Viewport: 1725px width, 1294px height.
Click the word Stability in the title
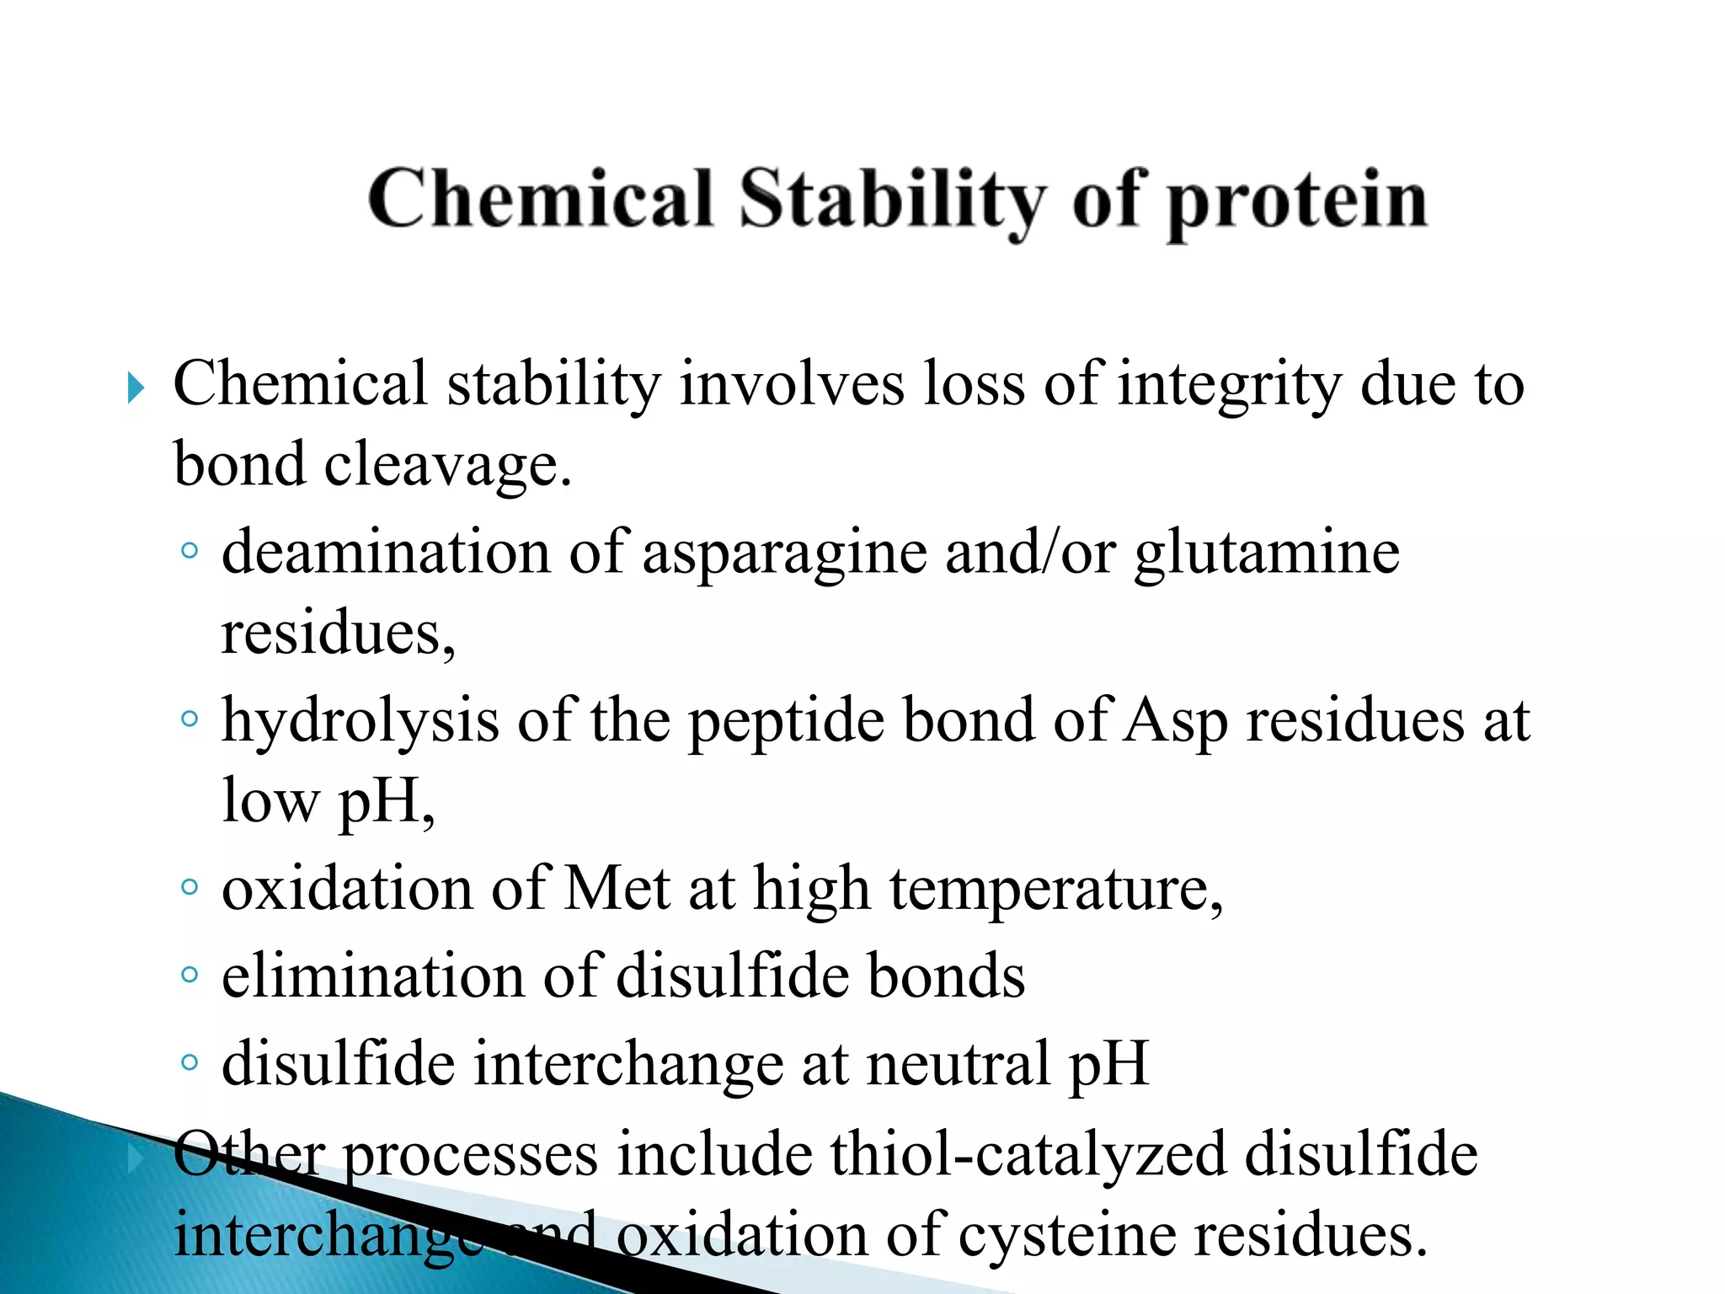[x=893, y=201]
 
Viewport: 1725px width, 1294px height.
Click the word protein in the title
[x=1297, y=202]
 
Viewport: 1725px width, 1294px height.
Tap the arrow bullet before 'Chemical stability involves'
[x=136, y=388]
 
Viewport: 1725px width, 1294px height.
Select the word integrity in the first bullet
[x=1229, y=386]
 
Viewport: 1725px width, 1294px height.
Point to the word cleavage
[x=447, y=466]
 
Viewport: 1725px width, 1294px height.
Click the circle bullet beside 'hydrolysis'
[x=190, y=719]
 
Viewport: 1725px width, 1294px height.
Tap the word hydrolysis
[x=360, y=723]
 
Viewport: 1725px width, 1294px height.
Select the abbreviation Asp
[x=1176, y=723]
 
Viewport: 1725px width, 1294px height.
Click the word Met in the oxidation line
[x=617, y=889]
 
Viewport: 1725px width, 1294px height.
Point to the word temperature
[x=1056, y=891]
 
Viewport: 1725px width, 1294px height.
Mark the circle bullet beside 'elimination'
[x=190, y=975]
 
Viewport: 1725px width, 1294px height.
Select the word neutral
[x=959, y=1063]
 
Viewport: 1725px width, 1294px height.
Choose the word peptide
[x=786, y=723]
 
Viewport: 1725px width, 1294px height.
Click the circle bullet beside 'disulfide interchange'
[x=190, y=1061]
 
